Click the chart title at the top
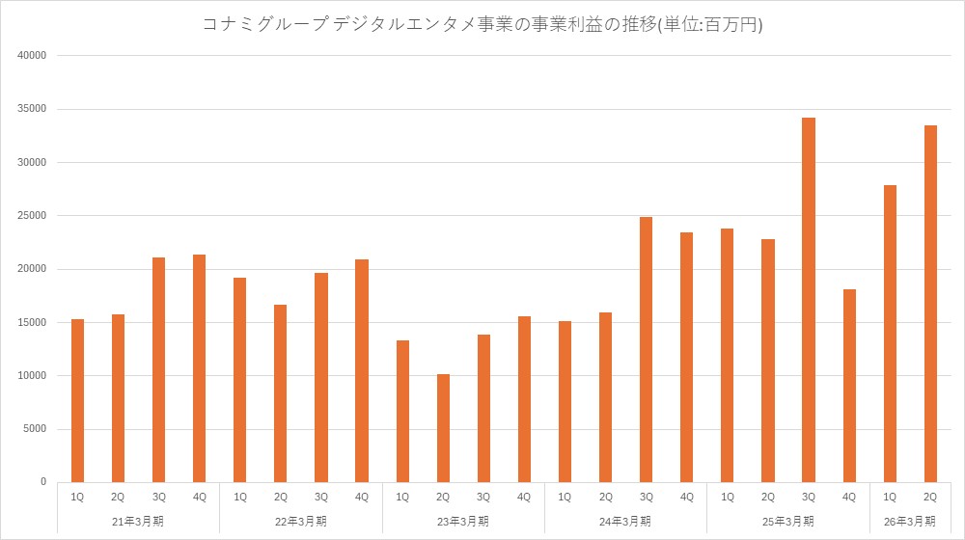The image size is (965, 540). [482, 25]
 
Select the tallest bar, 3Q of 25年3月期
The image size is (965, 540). [809, 299]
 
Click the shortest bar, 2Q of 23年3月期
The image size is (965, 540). [443, 428]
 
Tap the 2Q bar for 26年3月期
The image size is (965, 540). [930, 304]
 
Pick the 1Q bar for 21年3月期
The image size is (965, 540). [77, 400]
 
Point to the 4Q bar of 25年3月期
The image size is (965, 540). [849, 386]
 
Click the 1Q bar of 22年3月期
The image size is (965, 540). [240, 380]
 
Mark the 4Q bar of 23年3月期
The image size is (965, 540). [524, 399]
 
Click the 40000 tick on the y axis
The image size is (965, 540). [33, 55]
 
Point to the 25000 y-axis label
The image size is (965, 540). [33, 215]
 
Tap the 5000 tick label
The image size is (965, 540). [36, 429]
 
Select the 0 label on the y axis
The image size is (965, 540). [43, 482]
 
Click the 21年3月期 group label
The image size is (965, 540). [138, 521]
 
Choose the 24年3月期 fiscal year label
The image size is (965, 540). [625, 521]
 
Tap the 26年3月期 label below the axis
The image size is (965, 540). [910, 521]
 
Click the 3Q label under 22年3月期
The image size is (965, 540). [321, 497]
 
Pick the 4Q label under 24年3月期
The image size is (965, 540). [686, 497]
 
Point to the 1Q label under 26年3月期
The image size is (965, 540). [890, 497]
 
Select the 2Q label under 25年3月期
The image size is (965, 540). [768, 497]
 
